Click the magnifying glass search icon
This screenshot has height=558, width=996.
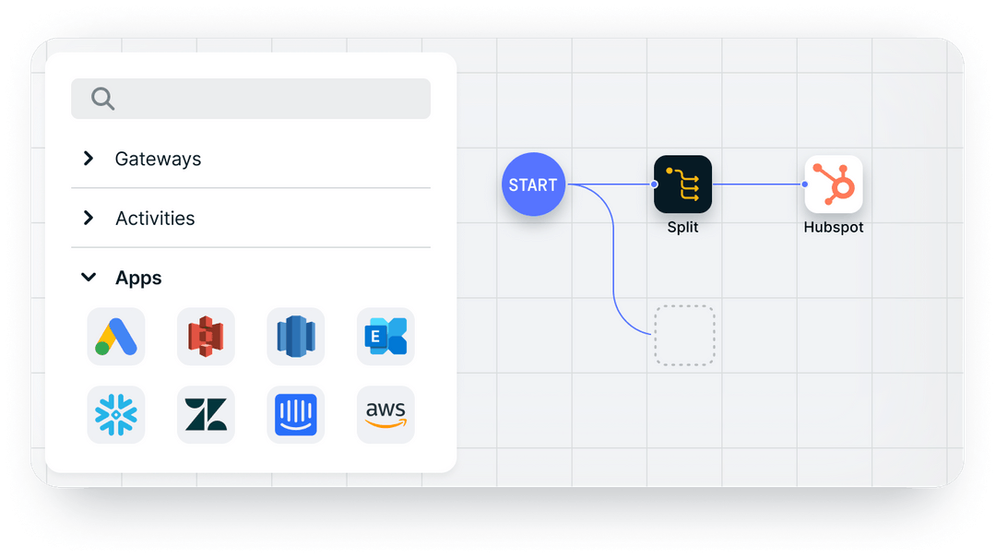click(103, 99)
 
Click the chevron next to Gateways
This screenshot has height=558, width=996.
click(89, 159)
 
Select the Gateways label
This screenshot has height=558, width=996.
click(158, 159)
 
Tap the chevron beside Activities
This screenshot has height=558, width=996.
click(89, 219)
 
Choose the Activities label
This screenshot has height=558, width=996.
click(155, 219)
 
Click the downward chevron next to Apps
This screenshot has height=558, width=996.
click(89, 278)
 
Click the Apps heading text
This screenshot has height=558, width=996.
click(138, 278)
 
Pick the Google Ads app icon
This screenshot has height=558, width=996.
click(116, 337)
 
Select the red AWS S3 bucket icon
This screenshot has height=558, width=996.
click(206, 337)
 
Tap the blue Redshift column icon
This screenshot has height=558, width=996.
click(296, 337)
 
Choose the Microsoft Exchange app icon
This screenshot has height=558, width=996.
click(385, 337)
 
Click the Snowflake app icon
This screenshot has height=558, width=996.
click(116, 414)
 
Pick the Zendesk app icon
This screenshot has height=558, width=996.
click(206, 414)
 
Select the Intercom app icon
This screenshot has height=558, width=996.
click(296, 414)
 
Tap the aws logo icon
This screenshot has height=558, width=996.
click(385, 414)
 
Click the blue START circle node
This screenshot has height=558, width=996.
click(533, 184)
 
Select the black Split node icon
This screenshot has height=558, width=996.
click(683, 184)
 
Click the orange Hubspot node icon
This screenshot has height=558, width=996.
click(834, 184)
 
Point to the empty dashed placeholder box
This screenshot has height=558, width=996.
click(684, 336)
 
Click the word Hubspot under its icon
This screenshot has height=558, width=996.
click(834, 227)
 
